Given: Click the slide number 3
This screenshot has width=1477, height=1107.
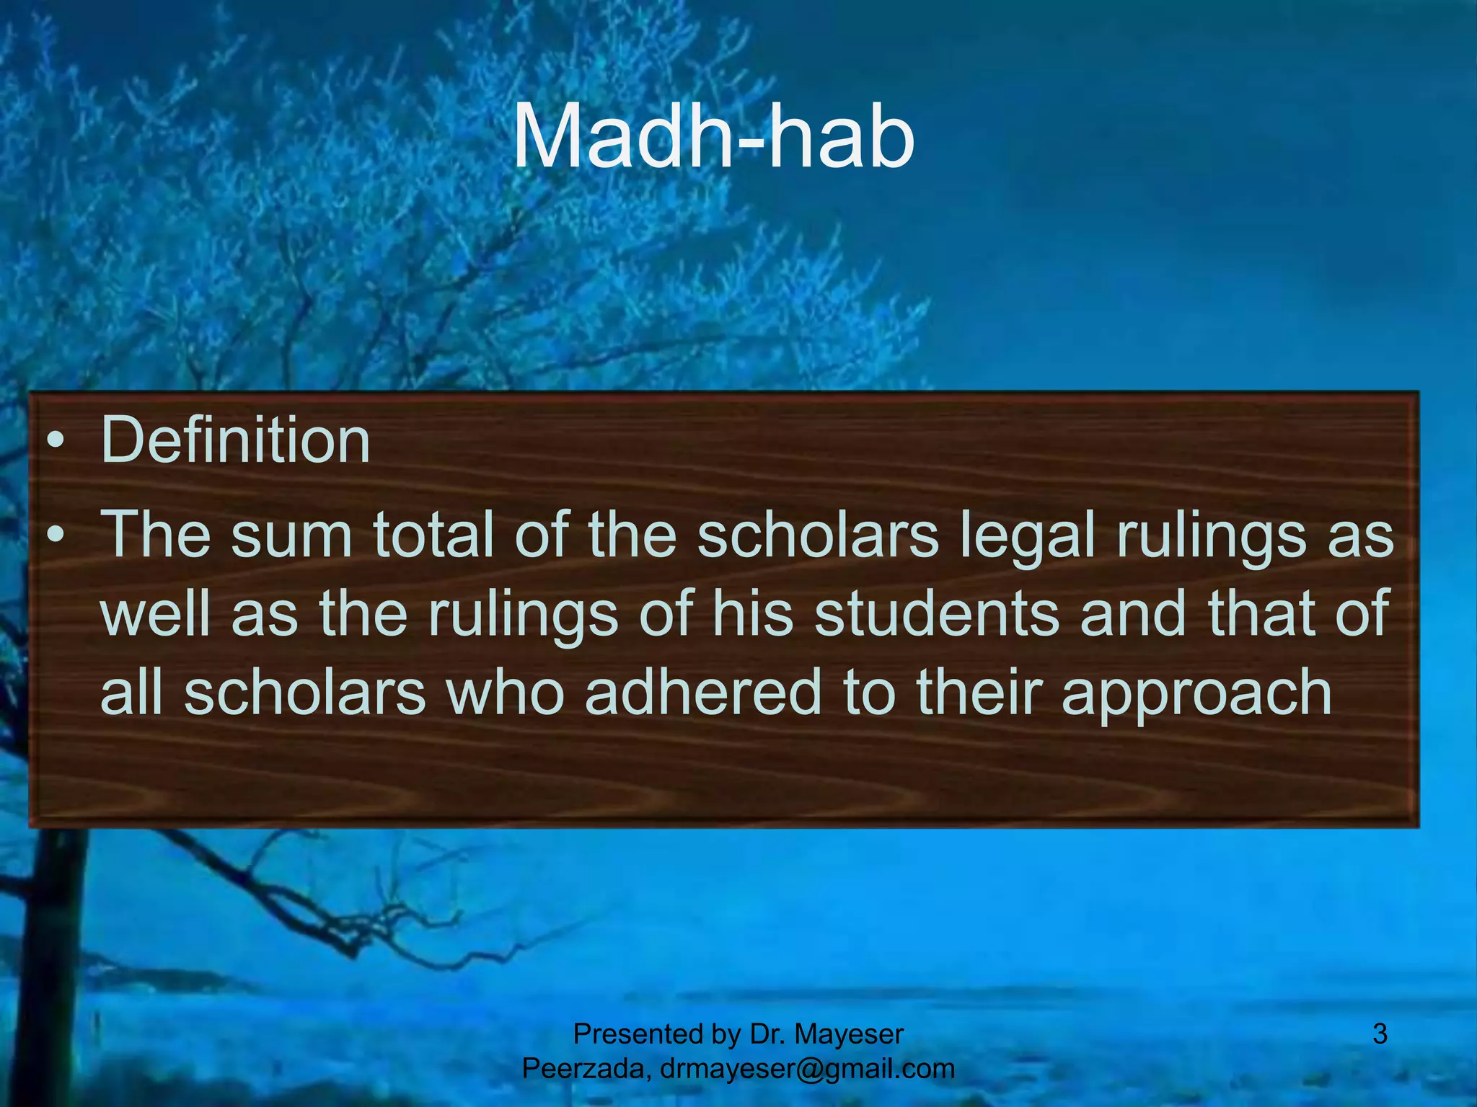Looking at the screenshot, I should click(x=1380, y=1034).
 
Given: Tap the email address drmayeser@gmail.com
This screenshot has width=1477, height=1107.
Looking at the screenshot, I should click(x=807, y=1068).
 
